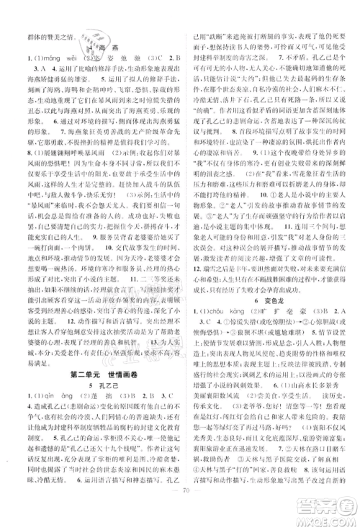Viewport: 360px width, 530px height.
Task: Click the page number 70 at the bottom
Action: pos(179,516)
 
